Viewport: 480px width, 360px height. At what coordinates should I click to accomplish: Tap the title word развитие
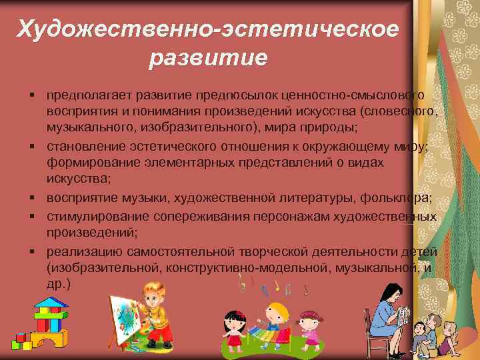point(208,58)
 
